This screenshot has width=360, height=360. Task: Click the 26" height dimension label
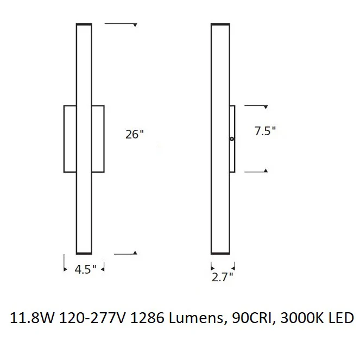point(134,134)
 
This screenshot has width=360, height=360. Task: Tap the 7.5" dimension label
point(265,131)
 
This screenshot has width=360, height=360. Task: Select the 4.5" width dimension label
point(85,269)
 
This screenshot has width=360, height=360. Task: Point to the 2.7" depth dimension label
point(222,277)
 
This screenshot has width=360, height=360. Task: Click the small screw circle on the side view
point(232,139)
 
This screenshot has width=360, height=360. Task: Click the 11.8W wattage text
point(32,318)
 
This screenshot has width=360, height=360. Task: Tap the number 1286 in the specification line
point(147,318)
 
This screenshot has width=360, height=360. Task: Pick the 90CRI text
point(252,318)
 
